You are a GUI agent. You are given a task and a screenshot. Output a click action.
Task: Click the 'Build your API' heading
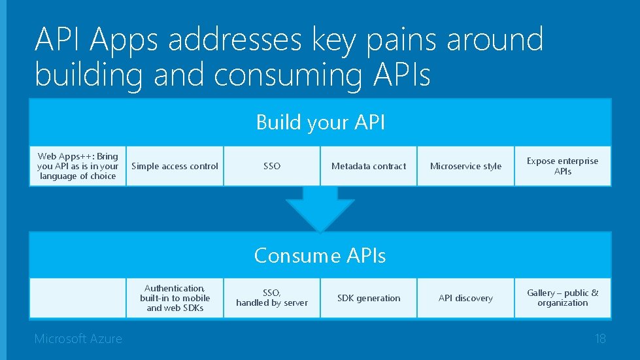click(320, 122)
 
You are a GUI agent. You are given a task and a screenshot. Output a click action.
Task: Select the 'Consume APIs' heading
click(320, 255)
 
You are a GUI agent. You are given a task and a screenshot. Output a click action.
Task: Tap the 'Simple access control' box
click(175, 166)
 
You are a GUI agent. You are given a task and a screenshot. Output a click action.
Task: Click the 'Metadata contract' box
click(369, 166)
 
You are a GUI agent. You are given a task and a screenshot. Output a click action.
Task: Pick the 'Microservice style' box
click(465, 166)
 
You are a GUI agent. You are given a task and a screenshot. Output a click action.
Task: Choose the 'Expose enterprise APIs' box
click(562, 166)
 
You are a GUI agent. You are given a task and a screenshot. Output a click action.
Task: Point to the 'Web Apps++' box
click(78, 166)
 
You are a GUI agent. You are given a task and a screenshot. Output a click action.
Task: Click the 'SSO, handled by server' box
click(272, 298)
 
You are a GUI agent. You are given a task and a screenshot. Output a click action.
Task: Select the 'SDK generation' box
click(369, 298)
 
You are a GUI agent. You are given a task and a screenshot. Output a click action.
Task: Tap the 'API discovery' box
click(465, 298)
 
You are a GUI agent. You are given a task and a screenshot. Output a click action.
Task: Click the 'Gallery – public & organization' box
click(562, 298)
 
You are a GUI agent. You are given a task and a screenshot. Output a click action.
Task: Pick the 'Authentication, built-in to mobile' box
click(175, 298)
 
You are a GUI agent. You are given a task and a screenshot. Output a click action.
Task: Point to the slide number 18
click(599, 338)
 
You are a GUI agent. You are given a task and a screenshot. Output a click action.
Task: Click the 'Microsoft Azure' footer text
click(78, 338)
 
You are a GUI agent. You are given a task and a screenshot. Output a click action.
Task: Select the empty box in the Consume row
click(78, 298)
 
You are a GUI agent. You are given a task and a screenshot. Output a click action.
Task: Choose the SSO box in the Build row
click(272, 166)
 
